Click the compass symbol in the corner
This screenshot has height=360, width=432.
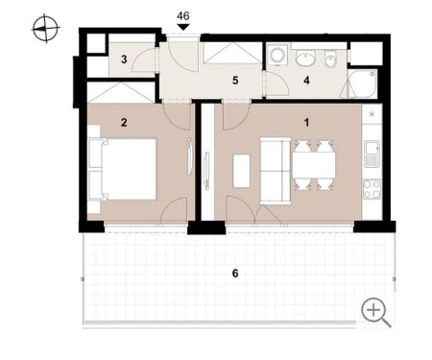[x=46, y=28]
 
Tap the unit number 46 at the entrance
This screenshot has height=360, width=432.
[x=183, y=15]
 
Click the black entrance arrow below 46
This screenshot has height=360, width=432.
[x=183, y=27]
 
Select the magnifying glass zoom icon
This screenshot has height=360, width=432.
[x=375, y=312]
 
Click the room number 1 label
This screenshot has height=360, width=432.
[x=306, y=123]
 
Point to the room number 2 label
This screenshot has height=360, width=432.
[x=124, y=122]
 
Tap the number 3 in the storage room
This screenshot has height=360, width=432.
[x=124, y=60]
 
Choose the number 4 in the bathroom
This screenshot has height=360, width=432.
[x=306, y=81]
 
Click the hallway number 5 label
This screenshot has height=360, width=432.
[x=235, y=81]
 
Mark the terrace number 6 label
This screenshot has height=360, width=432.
[x=235, y=274]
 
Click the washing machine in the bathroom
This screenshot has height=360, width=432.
[x=276, y=56]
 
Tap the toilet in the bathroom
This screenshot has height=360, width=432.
[x=330, y=59]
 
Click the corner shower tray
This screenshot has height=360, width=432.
[x=362, y=84]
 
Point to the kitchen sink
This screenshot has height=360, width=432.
[x=372, y=154]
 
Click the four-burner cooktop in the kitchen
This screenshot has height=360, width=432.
[x=372, y=189]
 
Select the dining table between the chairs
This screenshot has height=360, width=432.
[x=314, y=166]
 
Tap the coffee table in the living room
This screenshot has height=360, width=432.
[x=242, y=171]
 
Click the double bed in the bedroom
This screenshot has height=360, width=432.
[x=123, y=169]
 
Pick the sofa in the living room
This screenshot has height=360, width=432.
[x=276, y=171]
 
